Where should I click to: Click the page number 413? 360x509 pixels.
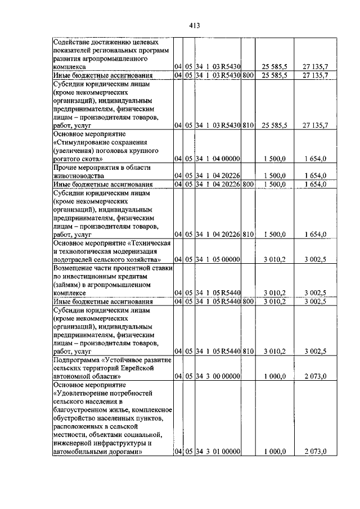(195, 25)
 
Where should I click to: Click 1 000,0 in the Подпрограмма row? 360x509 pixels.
(274, 376)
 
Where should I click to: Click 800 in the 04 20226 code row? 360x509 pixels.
(249, 184)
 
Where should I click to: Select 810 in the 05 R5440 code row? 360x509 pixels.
(249, 351)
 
